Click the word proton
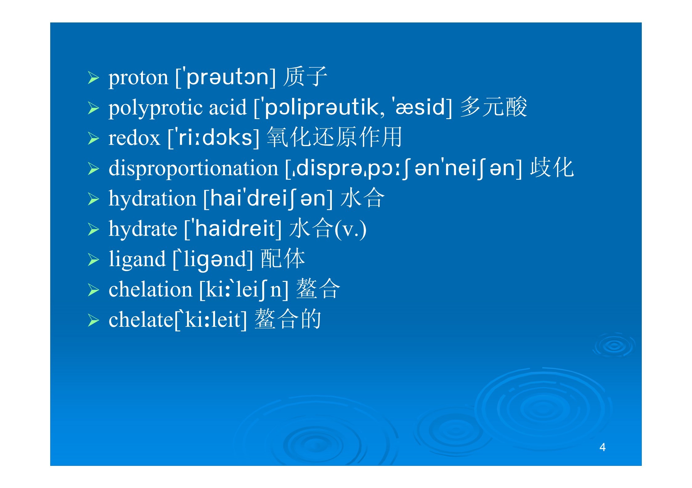(138, 78)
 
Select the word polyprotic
(156, 109)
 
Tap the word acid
(228, 107)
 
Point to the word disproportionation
(193, 169)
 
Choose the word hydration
(153, 198)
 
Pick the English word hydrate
(143, 229)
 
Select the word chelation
(150, 289)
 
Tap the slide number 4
(602, 447)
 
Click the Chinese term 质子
(305, 77)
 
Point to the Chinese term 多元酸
(494, 107)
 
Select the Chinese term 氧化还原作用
(335, 137)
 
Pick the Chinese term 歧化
(552, 167)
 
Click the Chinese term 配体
(283, 258)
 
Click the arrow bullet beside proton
(93, 78)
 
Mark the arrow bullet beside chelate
(93, 321)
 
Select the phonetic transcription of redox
(214, 138)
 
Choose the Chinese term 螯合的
(288, 319)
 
